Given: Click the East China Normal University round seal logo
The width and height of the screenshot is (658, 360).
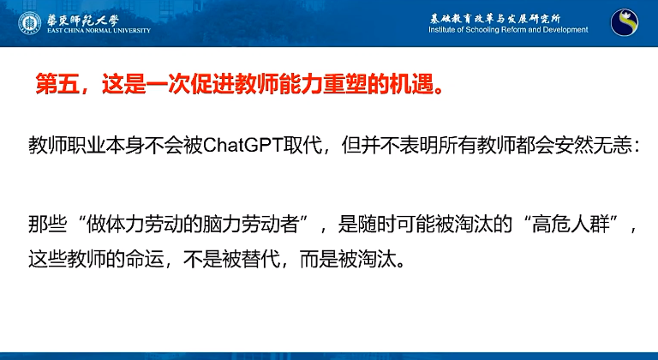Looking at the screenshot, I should [29, 22].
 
